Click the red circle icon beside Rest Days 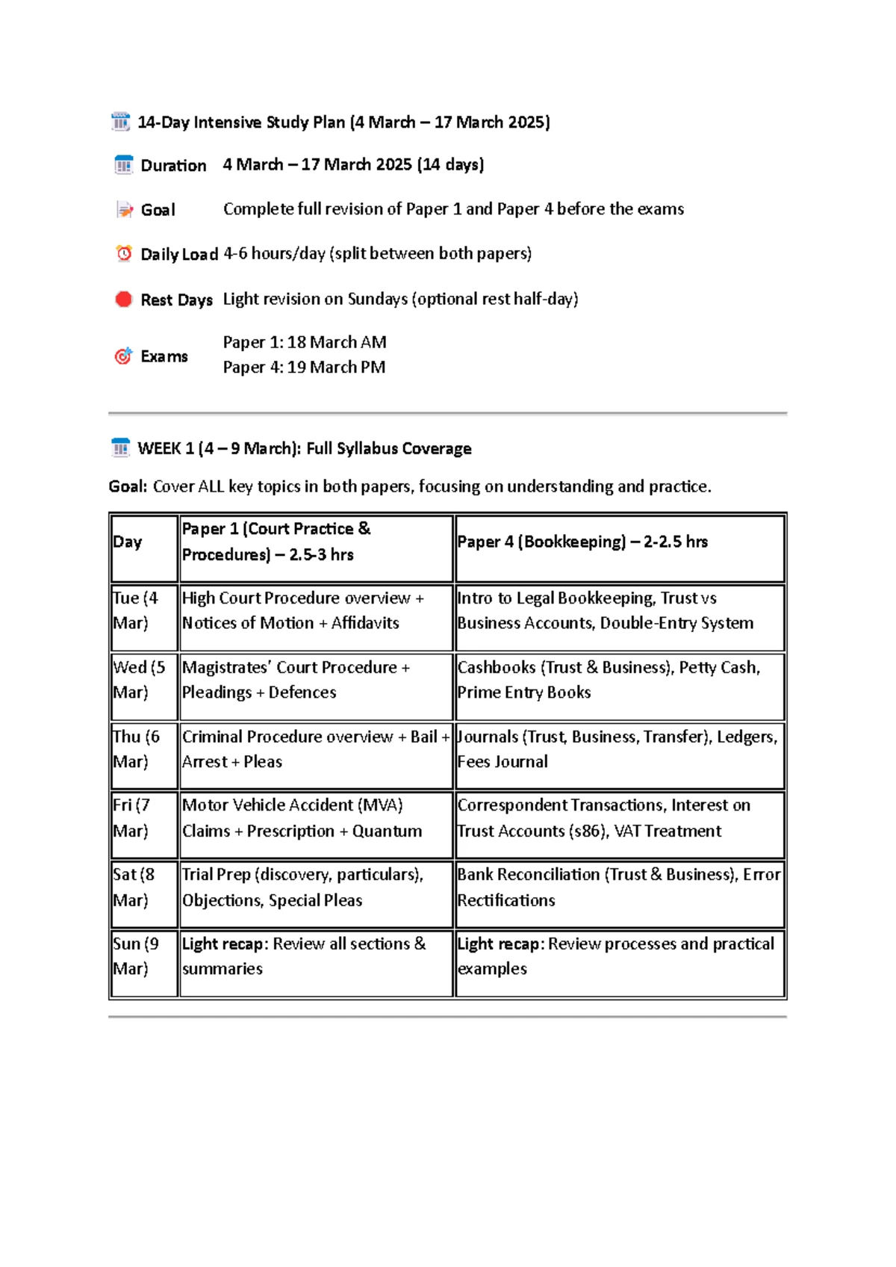click(x=124, y=300)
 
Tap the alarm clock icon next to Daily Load click(x=124, y=254)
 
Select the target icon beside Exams click(x=123, y=356)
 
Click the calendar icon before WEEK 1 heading click(x=120, y=448)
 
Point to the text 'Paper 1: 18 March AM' click(x=305, y=342)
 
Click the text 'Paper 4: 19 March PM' click(x=304, y=368)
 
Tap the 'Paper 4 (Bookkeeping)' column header click(x=582, y=542)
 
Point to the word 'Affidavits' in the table click(x=365, y=623)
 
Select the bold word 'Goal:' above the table click(x=128, y=486)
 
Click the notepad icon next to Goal click(x=124, y=210)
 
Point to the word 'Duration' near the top click(x=173, y=166)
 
